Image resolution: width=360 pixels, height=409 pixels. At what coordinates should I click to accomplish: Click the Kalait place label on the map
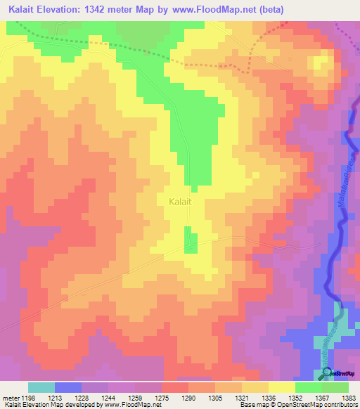(x=181, y=201)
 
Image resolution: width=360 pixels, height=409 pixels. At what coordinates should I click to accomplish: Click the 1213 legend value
(x=54, y=398)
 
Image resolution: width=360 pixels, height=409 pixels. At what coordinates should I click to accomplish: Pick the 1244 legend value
(x=108, y=398)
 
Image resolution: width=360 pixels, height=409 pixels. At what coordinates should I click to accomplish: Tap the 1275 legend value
(x=162, y=398)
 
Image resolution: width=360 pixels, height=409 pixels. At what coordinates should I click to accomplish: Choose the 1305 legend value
(x=215, y=398)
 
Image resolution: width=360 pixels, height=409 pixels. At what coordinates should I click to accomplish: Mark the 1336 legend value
(x=268, y=398)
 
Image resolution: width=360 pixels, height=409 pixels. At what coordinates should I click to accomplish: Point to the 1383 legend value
(x=347, y=398)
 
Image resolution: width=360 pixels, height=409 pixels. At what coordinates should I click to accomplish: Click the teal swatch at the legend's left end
(x=41, y=387)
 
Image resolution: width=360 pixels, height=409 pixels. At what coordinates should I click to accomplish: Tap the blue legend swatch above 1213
(x=67, y=387)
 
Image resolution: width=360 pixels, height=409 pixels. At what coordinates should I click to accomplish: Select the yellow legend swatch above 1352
(x=281, y=387)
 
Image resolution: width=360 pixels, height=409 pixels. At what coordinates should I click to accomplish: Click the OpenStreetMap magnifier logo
(x=328, y=372)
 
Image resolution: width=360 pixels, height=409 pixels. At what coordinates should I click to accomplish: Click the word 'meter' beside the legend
(x=9, y=398)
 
